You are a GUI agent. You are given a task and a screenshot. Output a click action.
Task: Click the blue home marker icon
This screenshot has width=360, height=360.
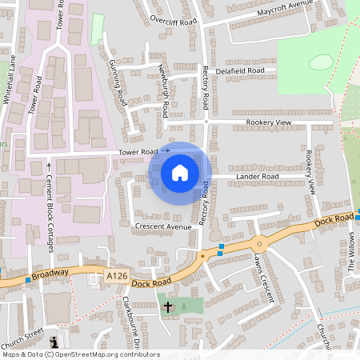pos(180,172)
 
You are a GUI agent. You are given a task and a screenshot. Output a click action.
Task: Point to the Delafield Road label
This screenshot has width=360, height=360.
pos(240,70)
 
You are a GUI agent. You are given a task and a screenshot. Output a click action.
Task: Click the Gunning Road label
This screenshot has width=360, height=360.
pos(118,83)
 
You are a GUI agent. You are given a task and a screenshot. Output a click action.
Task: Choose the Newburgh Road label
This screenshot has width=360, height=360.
pos(162,90)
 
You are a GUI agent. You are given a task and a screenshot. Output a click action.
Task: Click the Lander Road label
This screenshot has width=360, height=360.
pos(258,176)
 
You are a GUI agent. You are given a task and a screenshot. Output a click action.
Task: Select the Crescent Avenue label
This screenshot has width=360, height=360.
pos(163,226)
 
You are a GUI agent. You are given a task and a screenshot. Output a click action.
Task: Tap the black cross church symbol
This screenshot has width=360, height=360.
pos(168,306)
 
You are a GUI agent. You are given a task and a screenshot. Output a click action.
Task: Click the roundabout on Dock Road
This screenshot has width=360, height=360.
pos(258,243)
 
